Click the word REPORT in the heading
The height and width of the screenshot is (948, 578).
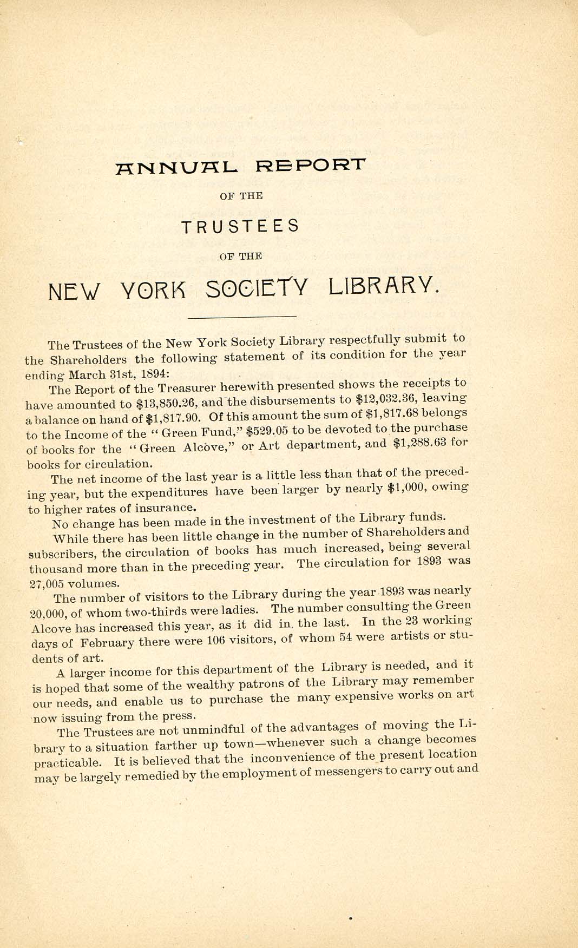click(x=311, y=164)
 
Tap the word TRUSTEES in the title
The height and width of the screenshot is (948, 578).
click(x=240, y=226)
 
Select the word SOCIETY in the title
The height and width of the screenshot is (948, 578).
click(x=257, y=288)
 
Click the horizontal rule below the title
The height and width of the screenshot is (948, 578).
click(x=241, y=317)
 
